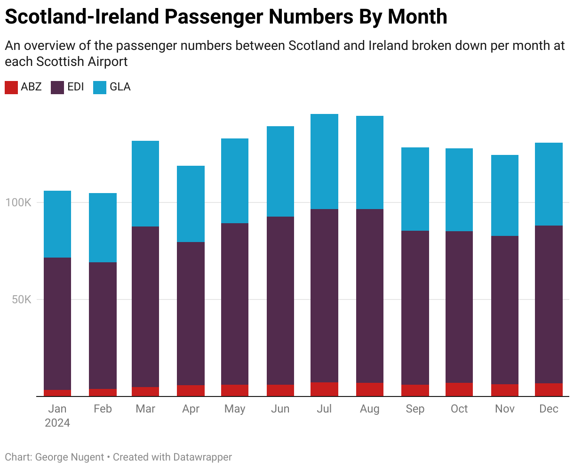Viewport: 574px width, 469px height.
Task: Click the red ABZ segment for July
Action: pyautogui.click(x=324, y=389)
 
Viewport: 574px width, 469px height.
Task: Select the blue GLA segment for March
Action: pyautogui.click(x=145, y=184)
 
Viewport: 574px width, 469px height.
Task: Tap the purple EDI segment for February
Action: pyautogui.click(x=103, y=325)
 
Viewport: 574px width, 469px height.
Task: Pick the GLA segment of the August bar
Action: pyautogui.click(x=369, y=162)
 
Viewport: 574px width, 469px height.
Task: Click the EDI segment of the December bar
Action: pyautogui.click(x=549, y=304)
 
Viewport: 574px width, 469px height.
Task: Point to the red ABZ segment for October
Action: pyautogui.click(x=459, y=389)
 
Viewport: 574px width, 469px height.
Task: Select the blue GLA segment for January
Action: pyautogui.click(x=57, y=224)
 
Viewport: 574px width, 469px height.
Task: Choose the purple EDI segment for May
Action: pyautogui.click(x=234, y=304)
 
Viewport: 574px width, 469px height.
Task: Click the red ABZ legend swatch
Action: pyautogui.click(x=11, y=88)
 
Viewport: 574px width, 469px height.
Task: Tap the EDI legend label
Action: pyautogui.click(x=76, y=87)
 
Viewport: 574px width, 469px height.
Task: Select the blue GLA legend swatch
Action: pyautogui.click(x=100, y=88)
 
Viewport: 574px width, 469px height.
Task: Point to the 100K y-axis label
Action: pyautogui.click(x=18, y=203)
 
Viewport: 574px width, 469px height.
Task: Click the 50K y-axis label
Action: pyautogui.click(x=21, y=300)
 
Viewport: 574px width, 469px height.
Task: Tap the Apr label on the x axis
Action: pyautogui.click(x=191, y=409)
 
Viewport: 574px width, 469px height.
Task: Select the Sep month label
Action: pyautogui.click(x=415, y=409)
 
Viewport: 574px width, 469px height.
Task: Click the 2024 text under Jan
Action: pyautogui.click(x=57, y=423)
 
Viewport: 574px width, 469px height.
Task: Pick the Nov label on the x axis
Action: pyautogui.click(x=505, y=409)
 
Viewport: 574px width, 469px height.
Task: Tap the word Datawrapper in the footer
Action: pyautogui.click(x=202, y=457)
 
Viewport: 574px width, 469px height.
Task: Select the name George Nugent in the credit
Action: pyautogui.click(x=70, y=457)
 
